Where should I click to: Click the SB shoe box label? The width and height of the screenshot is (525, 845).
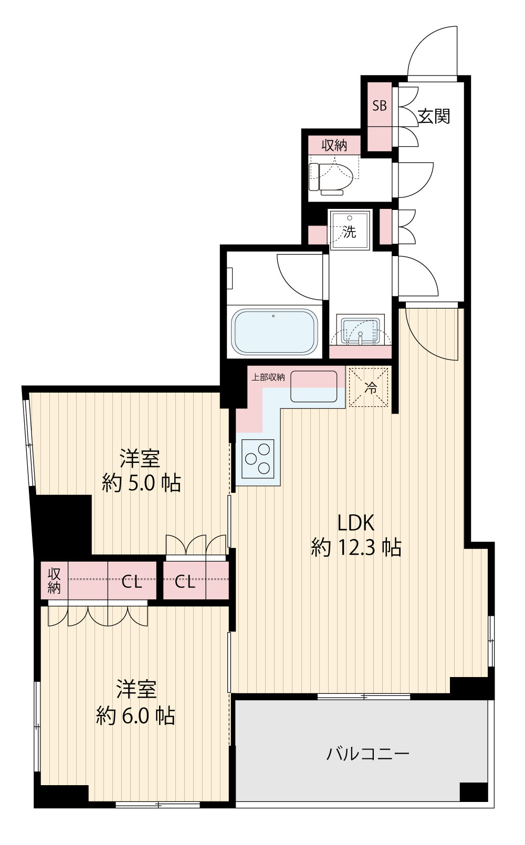(x=380, y=105)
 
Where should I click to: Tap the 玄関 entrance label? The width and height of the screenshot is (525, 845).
(x=434, y=116)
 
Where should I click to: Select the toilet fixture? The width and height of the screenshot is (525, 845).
(x=331, y=177)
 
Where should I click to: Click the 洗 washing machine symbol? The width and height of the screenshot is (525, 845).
(x=350, y=230)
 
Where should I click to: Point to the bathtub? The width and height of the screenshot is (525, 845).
(x=274, y=332)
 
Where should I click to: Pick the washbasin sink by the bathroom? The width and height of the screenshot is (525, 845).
(x=361, y=331)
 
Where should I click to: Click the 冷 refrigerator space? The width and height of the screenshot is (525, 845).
(x=369, y=387)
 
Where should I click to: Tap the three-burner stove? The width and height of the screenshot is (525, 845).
(x=258, y=459)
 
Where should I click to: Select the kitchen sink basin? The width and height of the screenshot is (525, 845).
(x=313, y=386)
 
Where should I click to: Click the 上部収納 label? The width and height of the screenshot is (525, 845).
(x=268, y=377)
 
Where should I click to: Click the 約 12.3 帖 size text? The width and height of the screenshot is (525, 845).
(x=356, y=547)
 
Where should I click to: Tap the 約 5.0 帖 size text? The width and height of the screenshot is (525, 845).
(x=141, y=482)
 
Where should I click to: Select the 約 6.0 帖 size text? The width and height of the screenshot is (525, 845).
(x=135, y=715)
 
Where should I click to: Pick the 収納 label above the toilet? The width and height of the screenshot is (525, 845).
(x=334, y=145)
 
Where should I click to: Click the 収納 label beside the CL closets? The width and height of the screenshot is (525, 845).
(x=54, y=581)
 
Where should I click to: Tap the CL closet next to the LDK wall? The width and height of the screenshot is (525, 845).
(x=185, y=583)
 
